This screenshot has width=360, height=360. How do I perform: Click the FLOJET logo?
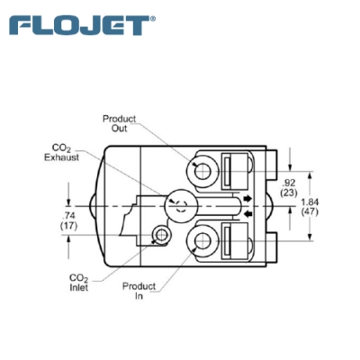click(79, 24)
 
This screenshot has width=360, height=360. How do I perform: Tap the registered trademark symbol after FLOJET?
click(152, 17)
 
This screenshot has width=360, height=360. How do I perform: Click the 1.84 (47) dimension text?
click(334, 205)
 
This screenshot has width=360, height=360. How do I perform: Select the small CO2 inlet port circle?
click(160, 237)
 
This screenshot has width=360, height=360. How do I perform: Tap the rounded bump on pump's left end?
click(95, 205)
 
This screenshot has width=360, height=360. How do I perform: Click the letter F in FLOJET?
click(20, 24)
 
